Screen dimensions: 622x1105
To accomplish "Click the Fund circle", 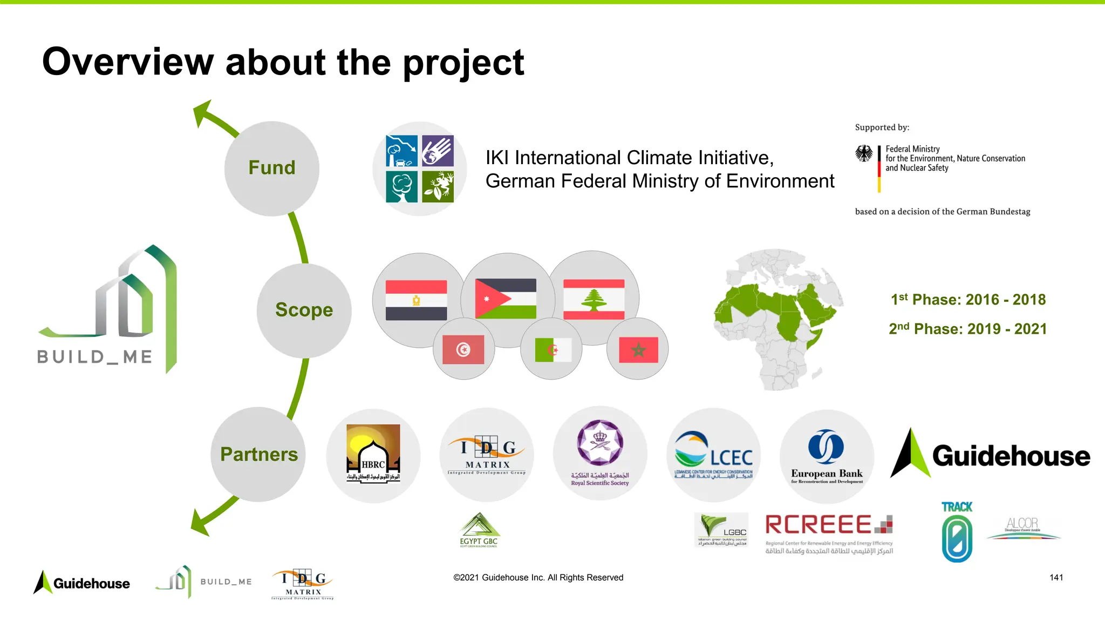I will coord(272,168).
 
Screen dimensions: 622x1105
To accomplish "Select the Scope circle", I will coord(304,310).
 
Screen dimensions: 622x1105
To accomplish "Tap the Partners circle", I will coord(258,454).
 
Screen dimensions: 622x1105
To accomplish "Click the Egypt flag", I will coord(416,300).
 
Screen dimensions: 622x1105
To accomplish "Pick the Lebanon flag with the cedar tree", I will coord(594,299).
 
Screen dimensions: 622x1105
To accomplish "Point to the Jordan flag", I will coord(506,299).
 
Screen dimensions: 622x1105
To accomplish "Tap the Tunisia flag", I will coord(463,349).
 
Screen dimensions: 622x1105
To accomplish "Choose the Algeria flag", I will coord(553,350).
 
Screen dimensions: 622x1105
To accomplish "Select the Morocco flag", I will coord(638,350).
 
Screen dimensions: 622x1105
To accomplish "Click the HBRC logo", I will coord(373,454).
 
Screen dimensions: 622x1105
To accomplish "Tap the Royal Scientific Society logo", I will coord(600,454).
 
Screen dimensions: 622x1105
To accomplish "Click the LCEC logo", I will coord(713,455).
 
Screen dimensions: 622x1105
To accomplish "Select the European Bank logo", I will coord(827,456).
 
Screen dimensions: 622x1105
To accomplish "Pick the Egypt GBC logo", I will coord(479,530).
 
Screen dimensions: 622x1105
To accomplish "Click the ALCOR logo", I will coord(1023,528).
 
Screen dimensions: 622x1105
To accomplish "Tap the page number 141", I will coord(1056,578).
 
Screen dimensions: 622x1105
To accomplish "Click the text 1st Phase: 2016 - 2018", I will coord(968,300).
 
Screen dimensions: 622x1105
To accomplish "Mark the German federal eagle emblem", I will coord(864,154).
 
